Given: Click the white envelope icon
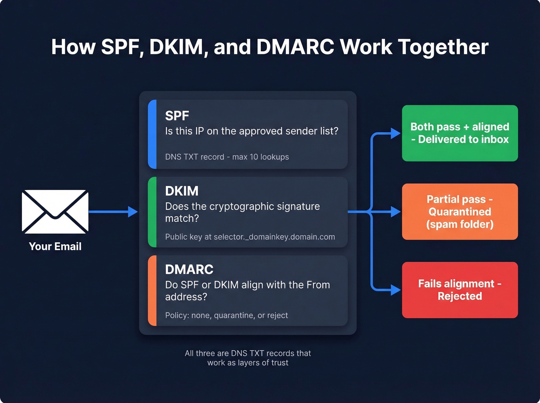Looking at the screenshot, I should click(55, 211).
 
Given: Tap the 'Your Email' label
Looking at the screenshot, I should click(55, 246).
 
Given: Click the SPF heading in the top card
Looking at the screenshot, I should click(177, 116).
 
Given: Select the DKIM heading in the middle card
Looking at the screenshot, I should click(182, 191).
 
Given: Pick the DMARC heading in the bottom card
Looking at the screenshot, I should click(189, 269).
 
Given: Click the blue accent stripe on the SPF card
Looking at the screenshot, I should click(152, 134).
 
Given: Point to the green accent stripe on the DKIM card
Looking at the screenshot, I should click(152, 212).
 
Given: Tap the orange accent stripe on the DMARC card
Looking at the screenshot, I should click(152, 290).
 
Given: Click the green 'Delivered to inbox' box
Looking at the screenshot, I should click(460, 133).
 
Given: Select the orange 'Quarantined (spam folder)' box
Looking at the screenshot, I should click(460, 212).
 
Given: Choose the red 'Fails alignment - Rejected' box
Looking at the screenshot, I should click(460, 290).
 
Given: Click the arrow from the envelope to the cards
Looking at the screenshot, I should click(112, 212).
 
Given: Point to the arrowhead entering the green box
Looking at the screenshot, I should click(396, 133).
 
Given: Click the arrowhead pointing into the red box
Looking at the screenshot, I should click(396, 290).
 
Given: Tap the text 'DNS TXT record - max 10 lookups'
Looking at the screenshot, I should click(227, 157).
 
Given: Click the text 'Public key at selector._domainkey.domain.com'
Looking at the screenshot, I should click(250, 237).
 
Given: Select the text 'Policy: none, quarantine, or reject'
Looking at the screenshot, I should click(226, 315).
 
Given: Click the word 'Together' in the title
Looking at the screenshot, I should click(443, 47).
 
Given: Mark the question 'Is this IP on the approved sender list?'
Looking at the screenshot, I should click(251, 131).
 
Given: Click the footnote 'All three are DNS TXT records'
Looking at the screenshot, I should click(248, 353).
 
